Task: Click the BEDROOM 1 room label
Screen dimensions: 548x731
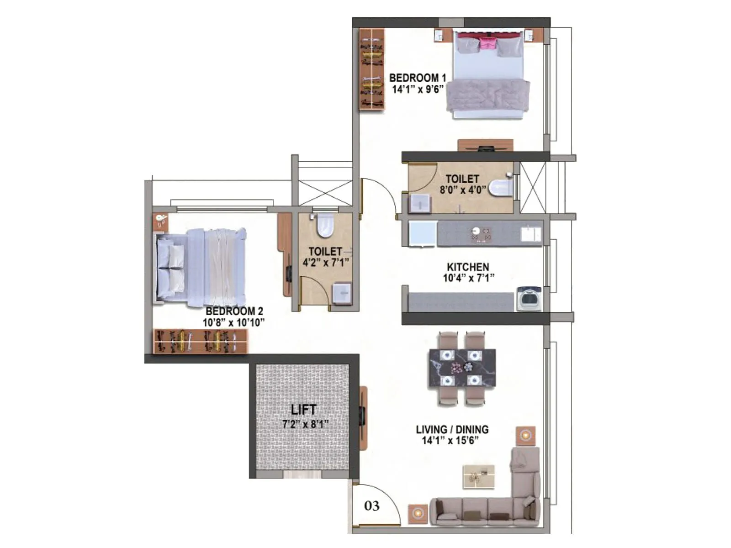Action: pyautogui.click(x=417, y=78)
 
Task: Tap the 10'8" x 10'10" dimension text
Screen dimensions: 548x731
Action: pyautogui.click(x=233, y=323)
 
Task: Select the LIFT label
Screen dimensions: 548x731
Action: pyautogui.click(x=304, y=410)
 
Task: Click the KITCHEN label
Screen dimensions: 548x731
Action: pyautogui.click(x=468, y=267)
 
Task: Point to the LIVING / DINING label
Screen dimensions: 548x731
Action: pyautogui.click(x=452, y=429)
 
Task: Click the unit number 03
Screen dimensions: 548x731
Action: pyautogui.click(x=372, y=506)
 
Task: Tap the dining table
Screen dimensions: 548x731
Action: pyautogui.click(x=462, y=368)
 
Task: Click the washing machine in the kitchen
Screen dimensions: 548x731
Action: pyautogui.click(x=529, y=299)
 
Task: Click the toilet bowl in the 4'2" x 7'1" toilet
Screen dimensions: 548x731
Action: pyautogui.click(x=325, y=225)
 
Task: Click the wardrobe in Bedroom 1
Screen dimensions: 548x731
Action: pyautogui.click(x=371, y=68)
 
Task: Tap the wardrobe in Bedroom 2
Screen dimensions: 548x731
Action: pyautogui.click(x=200, y=341)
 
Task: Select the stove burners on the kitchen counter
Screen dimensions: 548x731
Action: pyautogui.click(x=482, y=234)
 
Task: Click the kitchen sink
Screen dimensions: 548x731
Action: pyautogui.click(x=531, y=234)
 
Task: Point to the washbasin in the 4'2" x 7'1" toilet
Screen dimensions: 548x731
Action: pyautogui.click(x=342, y=293)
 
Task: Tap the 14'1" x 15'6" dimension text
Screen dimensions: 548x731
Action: pyautogui.click(x=450, y=441)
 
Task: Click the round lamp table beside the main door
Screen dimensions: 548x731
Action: pyautogui.click(x=418, y=513)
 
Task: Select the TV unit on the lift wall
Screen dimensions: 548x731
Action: pyautogui.click(x=363, y=418)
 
